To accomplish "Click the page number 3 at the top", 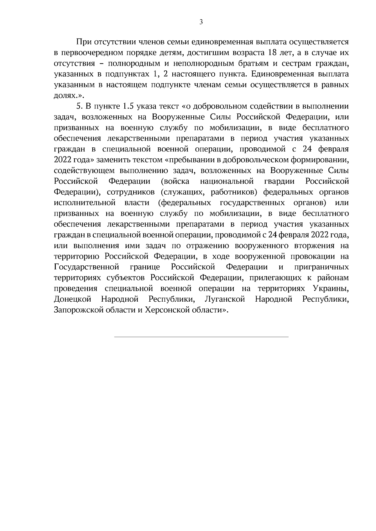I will tap(201, 22).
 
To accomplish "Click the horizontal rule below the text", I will tap(201, 337).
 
